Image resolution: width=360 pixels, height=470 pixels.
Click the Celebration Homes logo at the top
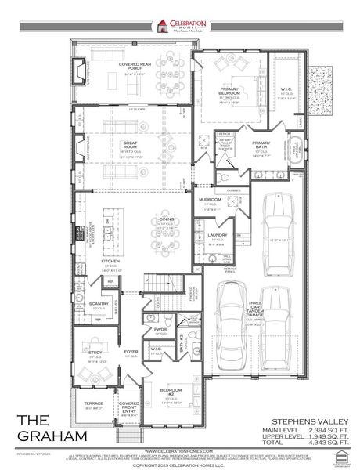(180, 26)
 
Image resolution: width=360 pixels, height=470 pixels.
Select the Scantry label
(99, 303)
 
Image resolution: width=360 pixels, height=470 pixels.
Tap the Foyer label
(131, 352)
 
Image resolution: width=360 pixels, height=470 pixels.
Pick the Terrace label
(93, 403)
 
